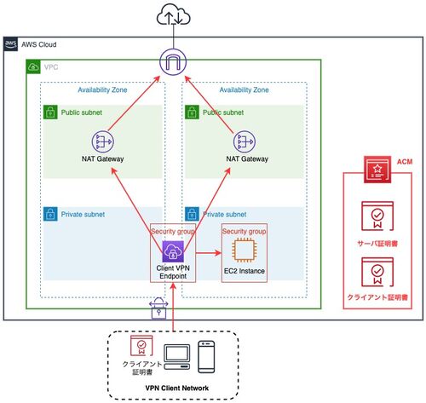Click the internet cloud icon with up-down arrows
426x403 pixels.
pos(173,14)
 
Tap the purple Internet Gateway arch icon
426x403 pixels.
pos(173,62)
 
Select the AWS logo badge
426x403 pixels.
pos(11,44)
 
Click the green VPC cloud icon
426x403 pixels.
pos(33,67)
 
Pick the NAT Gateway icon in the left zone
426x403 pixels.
pos(103,141)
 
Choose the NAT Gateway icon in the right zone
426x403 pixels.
pos(245,141)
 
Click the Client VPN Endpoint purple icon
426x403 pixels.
pos(173,251)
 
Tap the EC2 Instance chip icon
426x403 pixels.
pos(245,250)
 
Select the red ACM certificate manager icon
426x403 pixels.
pos(377,170)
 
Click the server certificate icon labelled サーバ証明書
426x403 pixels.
pos(377,216)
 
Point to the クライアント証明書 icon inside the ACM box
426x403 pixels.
pos(377,272)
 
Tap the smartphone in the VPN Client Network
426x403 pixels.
pos(206,357)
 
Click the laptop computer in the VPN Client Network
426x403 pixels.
pos(176,357)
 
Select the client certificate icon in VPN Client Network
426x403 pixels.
pos(141,345)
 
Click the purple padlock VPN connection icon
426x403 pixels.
pos(158,308)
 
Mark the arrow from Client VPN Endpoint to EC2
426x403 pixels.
pos(209,253)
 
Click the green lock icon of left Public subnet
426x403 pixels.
pos(50,112)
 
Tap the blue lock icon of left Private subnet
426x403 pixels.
pos(50,214)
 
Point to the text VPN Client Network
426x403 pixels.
pos(177,388)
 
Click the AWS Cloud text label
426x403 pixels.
pos(39,44)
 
